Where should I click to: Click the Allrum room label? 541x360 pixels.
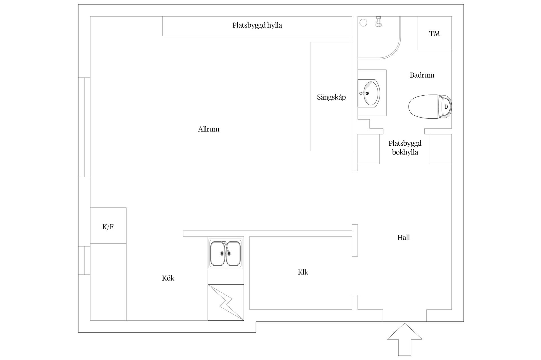[x=209, y=129]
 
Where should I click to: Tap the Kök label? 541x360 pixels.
[x=168, y=278]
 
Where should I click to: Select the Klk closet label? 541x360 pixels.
[x=303, y=272]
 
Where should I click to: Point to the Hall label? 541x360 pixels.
[x=403, y=238]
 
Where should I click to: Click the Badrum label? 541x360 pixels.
[x=422, y=75]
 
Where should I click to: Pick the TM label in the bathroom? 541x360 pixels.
[x=434, y=34]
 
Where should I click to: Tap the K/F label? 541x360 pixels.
[x=108, y=227]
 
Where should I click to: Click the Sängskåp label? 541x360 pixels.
[x=331, y=97]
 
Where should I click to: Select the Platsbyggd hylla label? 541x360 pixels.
[x=257, y=25]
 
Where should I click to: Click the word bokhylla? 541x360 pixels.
[x=405, y=152]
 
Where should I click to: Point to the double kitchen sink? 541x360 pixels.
[x=225, y=253]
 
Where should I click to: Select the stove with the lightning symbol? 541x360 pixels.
[x=226, y=302]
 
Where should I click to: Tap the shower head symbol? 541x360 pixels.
[x=378, y=22]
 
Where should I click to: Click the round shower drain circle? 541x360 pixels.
[x=363, y=23]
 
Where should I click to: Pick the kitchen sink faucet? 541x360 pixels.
[x=225, y=245]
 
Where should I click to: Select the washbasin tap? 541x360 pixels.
[x=364, y=93]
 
